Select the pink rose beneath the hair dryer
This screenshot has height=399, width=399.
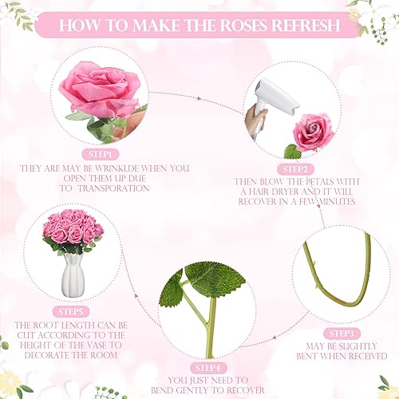(313, 131)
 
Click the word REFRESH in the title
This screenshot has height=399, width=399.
(307, 25)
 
